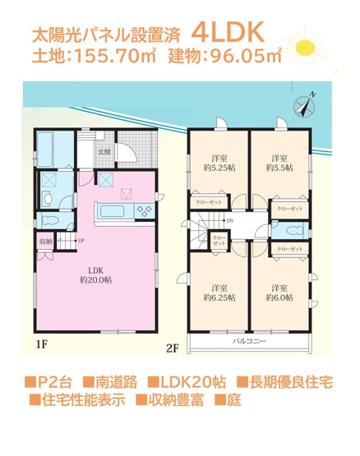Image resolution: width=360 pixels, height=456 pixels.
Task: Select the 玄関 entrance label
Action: [106, 152]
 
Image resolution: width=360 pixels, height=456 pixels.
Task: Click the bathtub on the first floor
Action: [44, 150]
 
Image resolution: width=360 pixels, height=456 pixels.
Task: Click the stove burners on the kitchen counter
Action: [145, 211]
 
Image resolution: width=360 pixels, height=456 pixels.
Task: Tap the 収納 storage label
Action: [44, 241]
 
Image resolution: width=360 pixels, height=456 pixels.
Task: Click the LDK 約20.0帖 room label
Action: [95, 274]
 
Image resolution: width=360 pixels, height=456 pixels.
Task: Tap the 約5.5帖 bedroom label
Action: [279, 164]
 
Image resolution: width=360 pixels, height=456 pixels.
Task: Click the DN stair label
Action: [229, 221]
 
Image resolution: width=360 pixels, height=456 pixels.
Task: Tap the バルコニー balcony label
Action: [248, 339]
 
